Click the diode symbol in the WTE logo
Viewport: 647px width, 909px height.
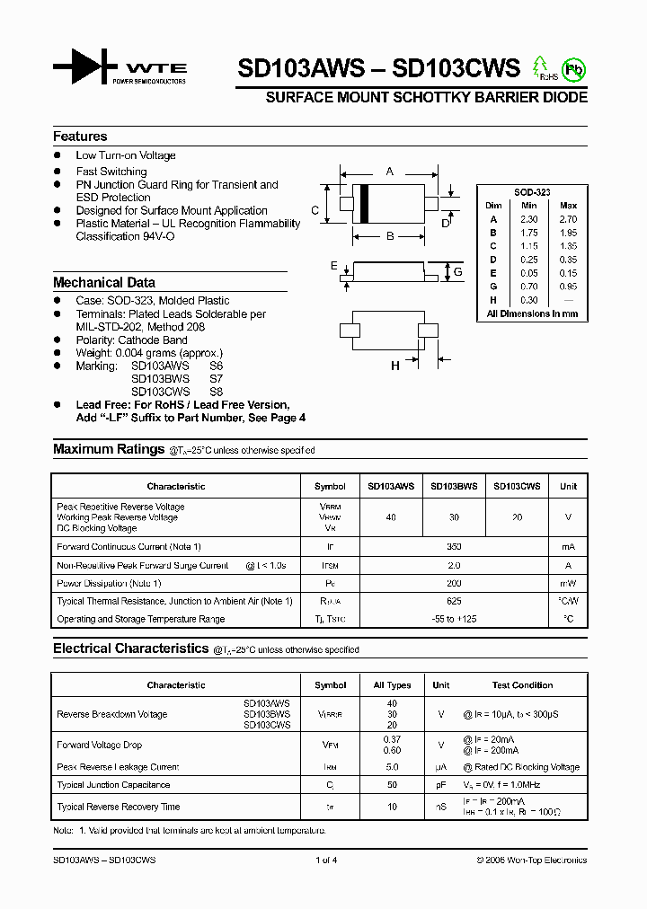[x=85, y=67]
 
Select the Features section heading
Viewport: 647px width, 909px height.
[x=80, y=137]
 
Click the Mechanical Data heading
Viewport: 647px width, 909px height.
[x=103, y=282]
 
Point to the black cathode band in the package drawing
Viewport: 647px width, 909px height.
[x=364, y=202]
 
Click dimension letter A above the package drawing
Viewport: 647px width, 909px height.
[x=389, y=171]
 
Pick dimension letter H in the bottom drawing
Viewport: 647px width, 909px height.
[x=394, y=366]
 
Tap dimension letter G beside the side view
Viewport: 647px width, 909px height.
[x=457, y=271]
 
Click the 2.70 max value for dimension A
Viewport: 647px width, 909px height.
[x=568, y=219]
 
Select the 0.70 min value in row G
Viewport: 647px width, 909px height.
[x=529, y=287]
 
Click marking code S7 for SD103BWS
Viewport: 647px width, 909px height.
[x=216, y=379]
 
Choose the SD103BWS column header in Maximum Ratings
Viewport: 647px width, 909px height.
[x=454, y=486]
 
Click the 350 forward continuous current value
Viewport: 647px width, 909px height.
[x=454, y=547]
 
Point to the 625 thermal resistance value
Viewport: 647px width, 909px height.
[x=454, y=601]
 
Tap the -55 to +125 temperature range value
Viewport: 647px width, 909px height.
[x=454, y=619]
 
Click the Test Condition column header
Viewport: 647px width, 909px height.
[x=523, y=685]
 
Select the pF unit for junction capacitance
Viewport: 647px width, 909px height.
[x=440, y=785]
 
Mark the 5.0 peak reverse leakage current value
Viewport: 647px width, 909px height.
[x=392, y=767]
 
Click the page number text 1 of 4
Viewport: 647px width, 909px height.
[x=326, y=860]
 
